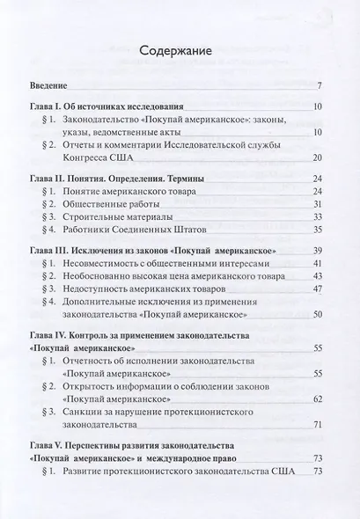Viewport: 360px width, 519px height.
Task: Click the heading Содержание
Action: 180,53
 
